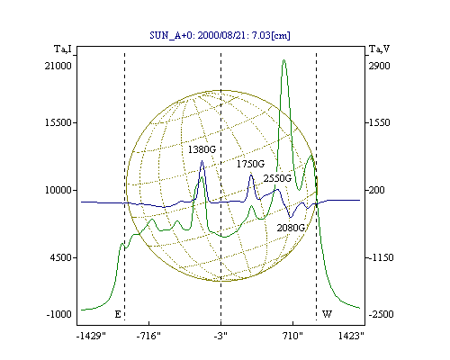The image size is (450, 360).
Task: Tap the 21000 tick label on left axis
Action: coord(58,66)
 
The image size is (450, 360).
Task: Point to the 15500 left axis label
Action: coord(58,122)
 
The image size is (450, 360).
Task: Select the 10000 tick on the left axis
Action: coord(58,190)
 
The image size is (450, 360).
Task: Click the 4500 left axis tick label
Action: coord(61,257)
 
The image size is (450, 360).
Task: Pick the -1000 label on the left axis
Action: coord(59,314)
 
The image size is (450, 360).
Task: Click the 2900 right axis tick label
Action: coord(379,66)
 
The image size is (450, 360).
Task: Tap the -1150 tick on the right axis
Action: coord(381,257)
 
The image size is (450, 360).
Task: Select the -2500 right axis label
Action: coord(381,314)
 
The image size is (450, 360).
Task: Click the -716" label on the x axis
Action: coord(148,336)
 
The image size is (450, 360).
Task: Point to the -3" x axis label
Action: coord(220,336)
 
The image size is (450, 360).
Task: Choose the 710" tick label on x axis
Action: coord(292,336)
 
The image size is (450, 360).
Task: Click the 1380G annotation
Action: coord(202,149)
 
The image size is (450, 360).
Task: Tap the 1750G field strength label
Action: coord(250,164)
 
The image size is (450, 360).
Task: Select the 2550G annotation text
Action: coord(277,178)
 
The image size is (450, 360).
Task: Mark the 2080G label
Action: coord(291,228)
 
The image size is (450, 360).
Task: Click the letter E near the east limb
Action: coord(118,314)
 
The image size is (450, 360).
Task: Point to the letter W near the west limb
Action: coord(327,314)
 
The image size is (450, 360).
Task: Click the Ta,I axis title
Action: coord(63,49)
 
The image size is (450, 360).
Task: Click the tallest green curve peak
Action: coord(283,60)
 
